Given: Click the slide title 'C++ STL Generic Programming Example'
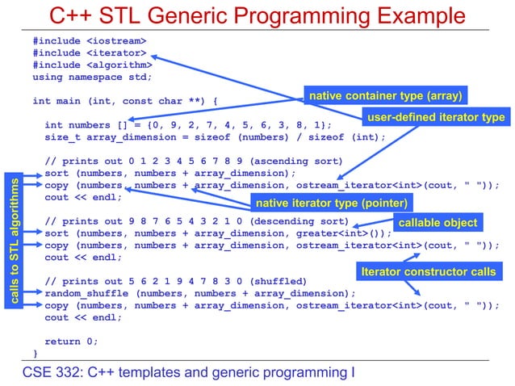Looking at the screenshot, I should click(x=257, y=15).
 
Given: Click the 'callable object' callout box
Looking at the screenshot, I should click(x=439, y=222).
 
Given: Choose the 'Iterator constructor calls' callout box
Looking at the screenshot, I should click(x=429, y=272).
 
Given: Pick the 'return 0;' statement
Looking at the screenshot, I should click(x=71, y=341).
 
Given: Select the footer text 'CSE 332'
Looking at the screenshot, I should click(x=50, y=372).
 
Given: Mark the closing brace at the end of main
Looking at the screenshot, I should click(x=36, y=353).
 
